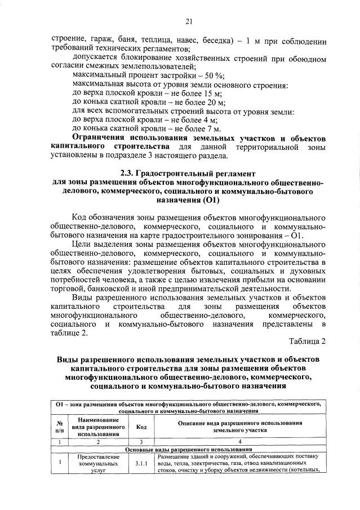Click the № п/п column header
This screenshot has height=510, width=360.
(59, 427)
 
